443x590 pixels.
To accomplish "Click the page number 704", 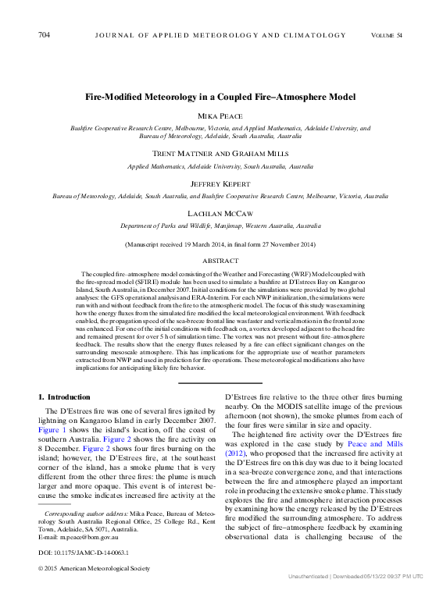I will pyautogui.click(x=44, y=35).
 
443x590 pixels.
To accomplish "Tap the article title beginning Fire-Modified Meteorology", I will pyautogui.click(x=220, y=97).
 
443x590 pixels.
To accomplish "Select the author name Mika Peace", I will pyautogui.click(x=220, y=116).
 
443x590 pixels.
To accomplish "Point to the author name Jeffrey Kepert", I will pyautogui.click(x=220, y=185).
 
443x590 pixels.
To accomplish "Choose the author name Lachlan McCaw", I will pyautogui.click(x=220, y=214).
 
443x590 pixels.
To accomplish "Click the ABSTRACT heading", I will pyautogui.click(x=220, y=261).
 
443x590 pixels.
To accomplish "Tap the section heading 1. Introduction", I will pyautogui.click(x=64, y=397).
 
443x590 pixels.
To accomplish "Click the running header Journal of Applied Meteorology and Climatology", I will pyautogui.click(x=220, y=35).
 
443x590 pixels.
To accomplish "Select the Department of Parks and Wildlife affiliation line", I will pyautogui.click(x=220, y=226).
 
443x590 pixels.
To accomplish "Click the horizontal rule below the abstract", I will pyautogui.click(x=220, y=382).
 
